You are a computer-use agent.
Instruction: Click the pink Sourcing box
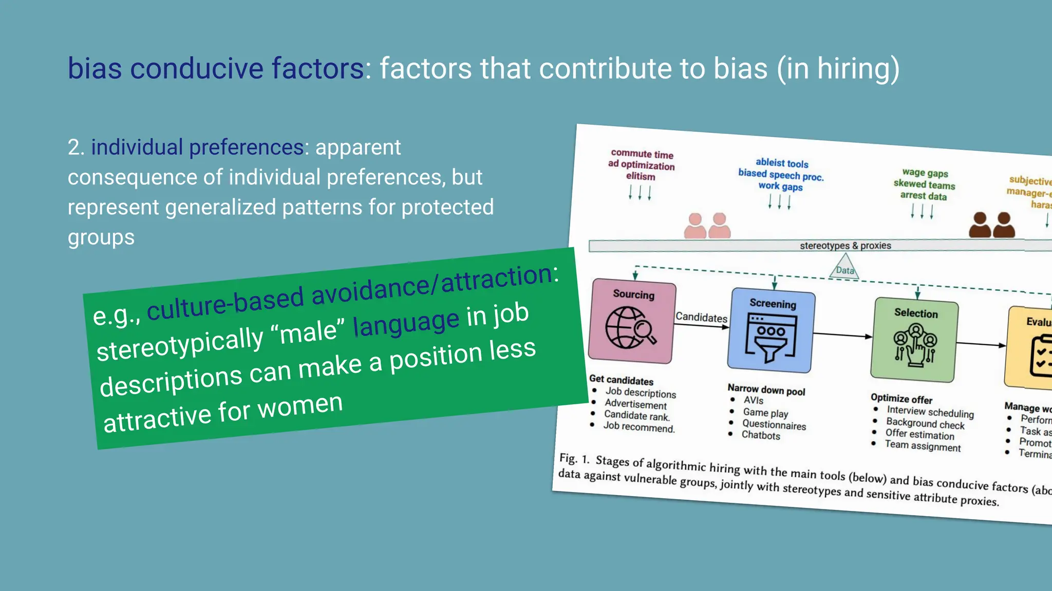coord(631,321)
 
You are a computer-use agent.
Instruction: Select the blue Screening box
coord(771,330)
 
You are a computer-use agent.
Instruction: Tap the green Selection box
coord(914,340)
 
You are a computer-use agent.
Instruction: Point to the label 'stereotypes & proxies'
coord(845,246)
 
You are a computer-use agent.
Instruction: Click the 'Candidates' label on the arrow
coord(701,318)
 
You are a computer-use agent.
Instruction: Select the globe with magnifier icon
coord(630,328)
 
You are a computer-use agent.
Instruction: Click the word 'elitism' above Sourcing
coord(641,176)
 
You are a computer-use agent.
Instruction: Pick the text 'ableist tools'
coord(782,163)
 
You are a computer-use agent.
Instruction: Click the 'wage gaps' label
coord(925,173)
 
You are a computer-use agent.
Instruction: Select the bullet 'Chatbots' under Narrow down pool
coord(761,435)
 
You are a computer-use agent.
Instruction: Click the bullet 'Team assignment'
coord(923,446)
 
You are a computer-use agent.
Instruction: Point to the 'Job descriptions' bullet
coord(641,392)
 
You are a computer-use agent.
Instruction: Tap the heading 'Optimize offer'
coord(901,399)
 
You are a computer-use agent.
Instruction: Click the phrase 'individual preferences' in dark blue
coord(197,148)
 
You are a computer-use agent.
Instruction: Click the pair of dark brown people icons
coord(991,226)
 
